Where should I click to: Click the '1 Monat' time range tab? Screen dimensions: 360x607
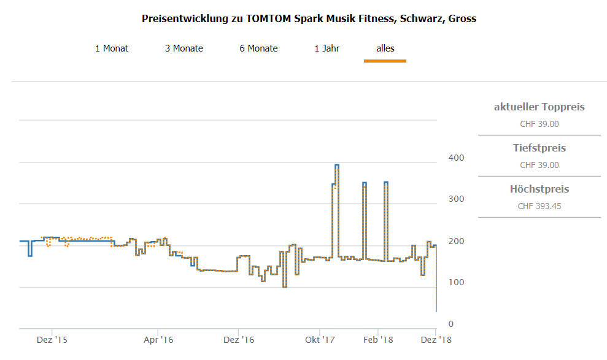click(x=112, y=48)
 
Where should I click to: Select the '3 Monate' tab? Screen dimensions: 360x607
click(x=184, y=48)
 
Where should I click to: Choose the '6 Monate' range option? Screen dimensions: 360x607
click(x=258, y=48)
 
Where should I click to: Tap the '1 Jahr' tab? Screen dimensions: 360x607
click(x=327, y=48)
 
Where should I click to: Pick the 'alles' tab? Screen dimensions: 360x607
click(x=385, y=48)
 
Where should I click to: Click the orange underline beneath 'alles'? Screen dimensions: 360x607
click(x=385, y=61)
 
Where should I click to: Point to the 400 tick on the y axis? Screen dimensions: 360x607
click(x=456, y=158)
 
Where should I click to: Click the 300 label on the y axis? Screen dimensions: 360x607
click(x=456, y=199)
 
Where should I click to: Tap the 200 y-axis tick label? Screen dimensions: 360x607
click(x=456, y=241)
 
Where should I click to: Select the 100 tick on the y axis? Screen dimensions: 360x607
click(x=456, y=282)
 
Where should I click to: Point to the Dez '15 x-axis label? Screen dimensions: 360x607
click(x=52, y=339)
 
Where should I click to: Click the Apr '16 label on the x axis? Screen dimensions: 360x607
click(x=158, y=339)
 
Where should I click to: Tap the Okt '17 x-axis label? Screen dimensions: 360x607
click(x=320, y=339)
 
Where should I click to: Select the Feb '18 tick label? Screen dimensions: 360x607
click(x=378, y=339)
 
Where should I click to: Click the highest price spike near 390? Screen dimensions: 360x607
click(x=336, y=165)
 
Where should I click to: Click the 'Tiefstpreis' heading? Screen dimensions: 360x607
click(x=539, y=148)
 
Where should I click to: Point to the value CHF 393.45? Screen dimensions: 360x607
click(x=539, y=206)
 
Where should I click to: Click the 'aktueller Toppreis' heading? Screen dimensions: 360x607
click(x=539, y=107)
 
